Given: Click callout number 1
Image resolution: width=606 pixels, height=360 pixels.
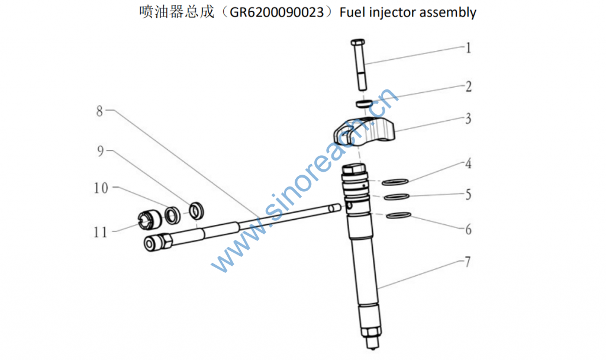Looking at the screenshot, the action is pos(469,48).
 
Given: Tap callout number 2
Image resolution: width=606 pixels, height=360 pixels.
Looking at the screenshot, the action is pos(469,86).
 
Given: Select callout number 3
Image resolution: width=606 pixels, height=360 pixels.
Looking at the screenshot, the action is pos(469,118).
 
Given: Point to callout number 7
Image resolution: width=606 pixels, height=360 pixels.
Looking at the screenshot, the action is pos(468,262).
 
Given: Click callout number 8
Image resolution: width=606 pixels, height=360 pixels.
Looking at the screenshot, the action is pos(99,111).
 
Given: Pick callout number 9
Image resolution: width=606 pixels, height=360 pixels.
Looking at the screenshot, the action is pos(101,151).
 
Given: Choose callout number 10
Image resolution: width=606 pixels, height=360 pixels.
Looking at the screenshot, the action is pos(101,188).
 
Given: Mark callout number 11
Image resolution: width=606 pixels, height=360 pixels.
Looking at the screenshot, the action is pos(101,232).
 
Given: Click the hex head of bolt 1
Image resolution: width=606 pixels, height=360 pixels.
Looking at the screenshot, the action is pos(358,42).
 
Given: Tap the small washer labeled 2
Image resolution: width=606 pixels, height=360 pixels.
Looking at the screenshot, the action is pos(364,103).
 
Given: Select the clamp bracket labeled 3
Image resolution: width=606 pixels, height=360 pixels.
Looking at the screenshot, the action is pos(364,131).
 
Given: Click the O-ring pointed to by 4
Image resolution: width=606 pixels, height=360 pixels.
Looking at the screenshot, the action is pos(395,182).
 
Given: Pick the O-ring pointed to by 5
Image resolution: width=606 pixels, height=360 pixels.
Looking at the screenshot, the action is pos(397,197).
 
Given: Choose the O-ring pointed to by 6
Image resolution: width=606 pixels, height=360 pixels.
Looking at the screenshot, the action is pos(398,215).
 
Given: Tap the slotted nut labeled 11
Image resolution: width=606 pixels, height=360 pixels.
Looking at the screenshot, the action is pos(150,220).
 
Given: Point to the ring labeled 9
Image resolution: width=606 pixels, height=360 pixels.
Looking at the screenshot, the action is pos(196,210).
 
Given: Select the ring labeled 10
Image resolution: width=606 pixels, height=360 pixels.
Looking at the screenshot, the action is pos(172,216).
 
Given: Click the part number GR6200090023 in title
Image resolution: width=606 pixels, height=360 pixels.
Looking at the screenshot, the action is pos(277,12).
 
